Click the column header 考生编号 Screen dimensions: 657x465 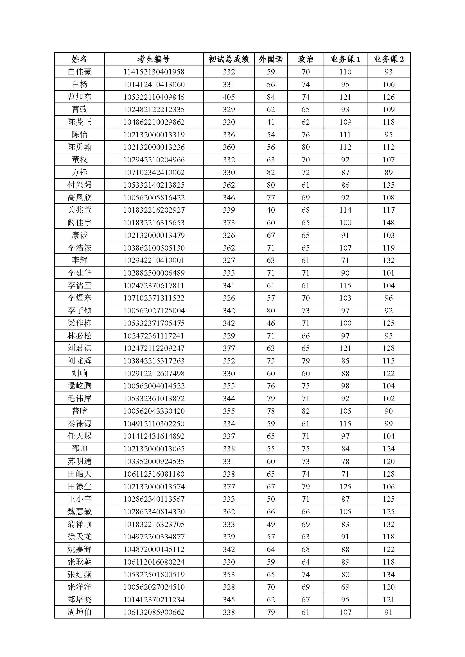coord(154,59)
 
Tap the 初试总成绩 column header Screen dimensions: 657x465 coord(229,59)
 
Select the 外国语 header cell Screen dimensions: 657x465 coord(270,59)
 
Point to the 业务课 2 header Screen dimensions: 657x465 coord(388,59)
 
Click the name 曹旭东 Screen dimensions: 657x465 coord(79,97)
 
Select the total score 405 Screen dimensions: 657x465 coord(229,97)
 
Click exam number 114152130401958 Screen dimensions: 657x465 coord(154,72)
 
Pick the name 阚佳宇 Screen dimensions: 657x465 coord(79,223)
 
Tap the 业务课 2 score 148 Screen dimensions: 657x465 coord(388,223)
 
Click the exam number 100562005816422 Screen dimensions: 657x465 coord(154,197)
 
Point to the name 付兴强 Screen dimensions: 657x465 coord(79,185)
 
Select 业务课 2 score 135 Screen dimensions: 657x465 coord(388,185)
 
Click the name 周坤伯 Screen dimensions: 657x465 coord(79,612)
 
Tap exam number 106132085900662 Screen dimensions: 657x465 coord(154,612)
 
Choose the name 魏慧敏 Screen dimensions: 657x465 coord(79,511)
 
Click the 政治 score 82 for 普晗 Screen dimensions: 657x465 coord(306,411)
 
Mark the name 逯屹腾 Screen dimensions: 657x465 coord(79,386)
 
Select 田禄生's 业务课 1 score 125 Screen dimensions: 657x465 coord(345,487)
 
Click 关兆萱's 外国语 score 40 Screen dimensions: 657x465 coord(270,210)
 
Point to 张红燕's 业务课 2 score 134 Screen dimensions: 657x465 coord(388,574)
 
